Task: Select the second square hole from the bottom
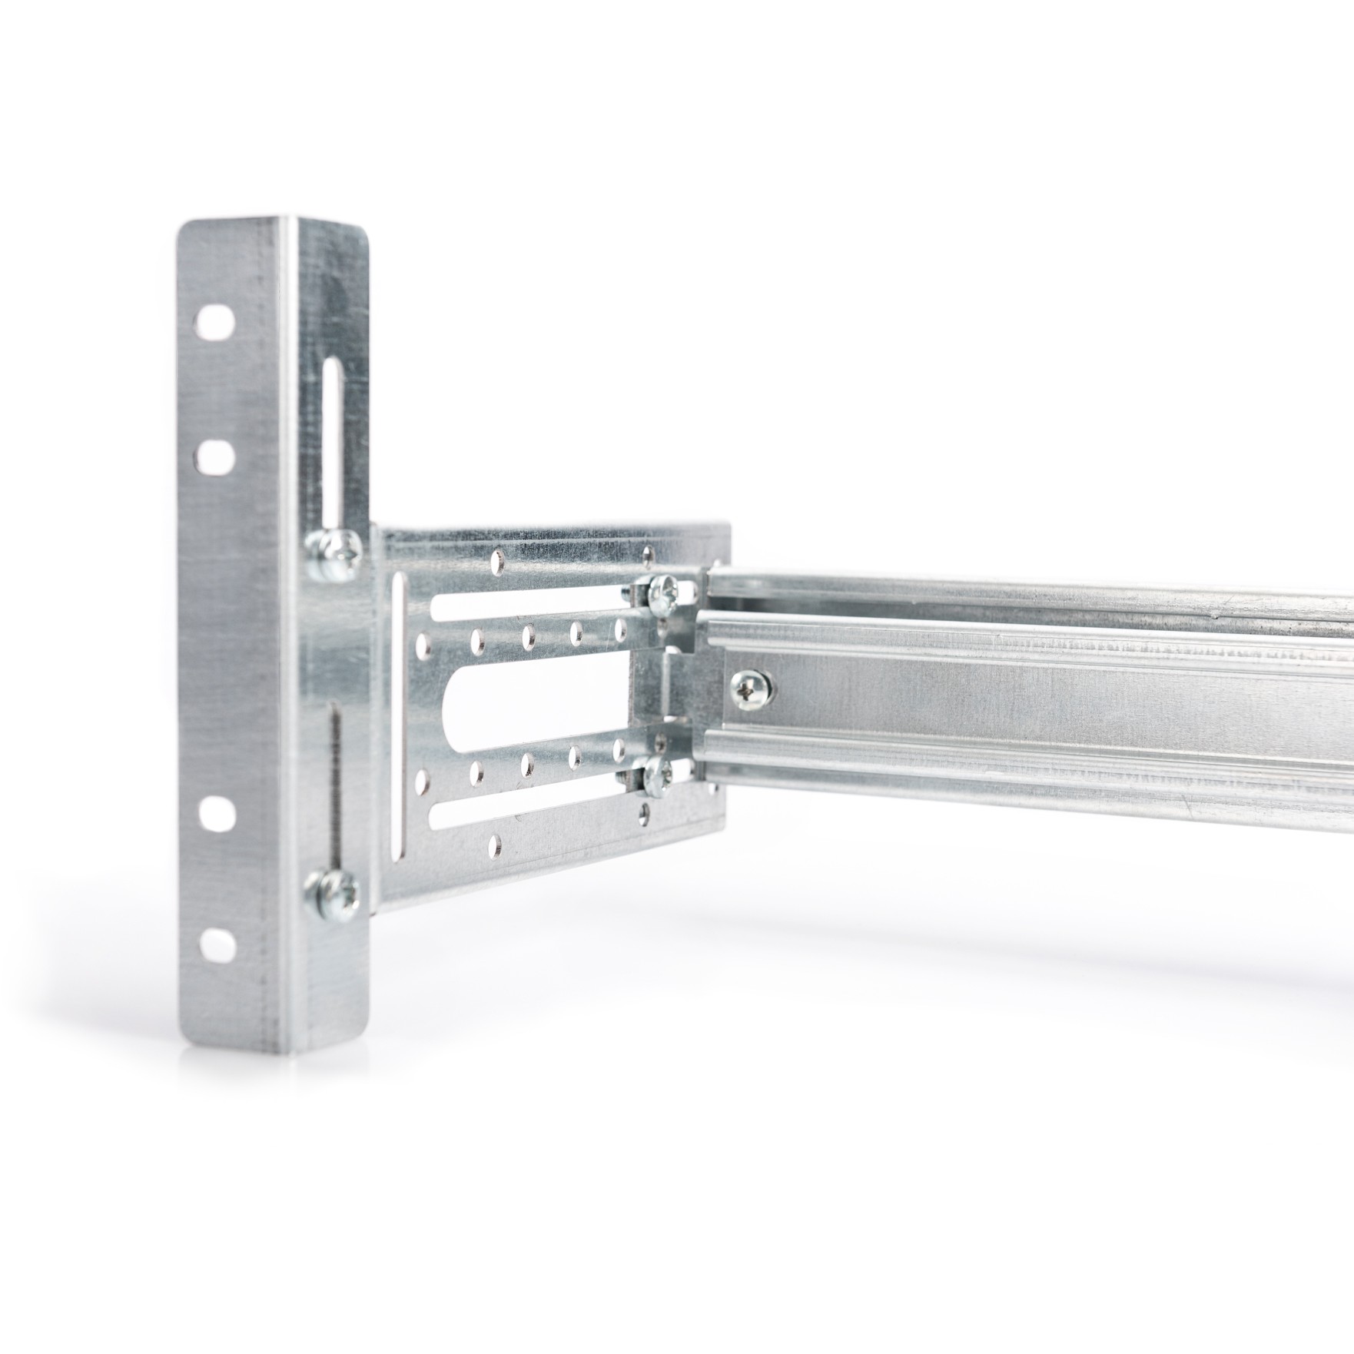tap(217, 814)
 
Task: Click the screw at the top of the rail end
tap(661, 593)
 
